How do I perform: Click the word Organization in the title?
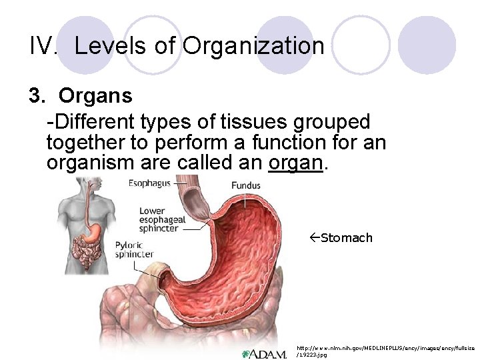253,46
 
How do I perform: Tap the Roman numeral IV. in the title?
45,46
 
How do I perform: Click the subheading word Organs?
95,96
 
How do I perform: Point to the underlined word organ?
295,163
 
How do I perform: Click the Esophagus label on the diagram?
148,183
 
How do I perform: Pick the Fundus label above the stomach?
246,185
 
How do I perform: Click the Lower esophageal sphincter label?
159,220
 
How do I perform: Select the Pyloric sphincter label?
134,249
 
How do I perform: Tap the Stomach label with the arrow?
346,238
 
